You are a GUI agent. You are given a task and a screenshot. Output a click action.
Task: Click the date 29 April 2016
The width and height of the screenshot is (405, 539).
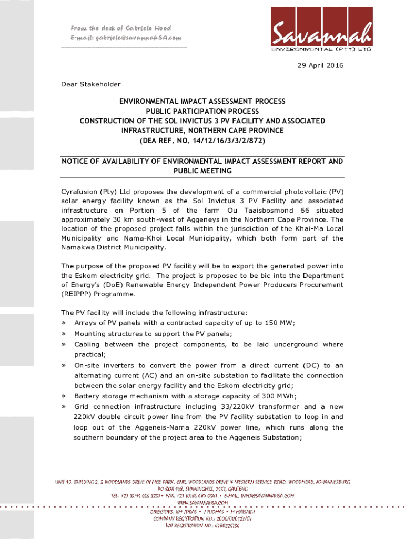[320, 66]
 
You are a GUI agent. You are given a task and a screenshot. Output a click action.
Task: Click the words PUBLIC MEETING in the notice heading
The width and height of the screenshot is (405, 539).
[202, 172]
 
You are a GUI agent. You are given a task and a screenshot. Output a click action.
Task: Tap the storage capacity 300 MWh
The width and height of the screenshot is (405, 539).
[268, 396]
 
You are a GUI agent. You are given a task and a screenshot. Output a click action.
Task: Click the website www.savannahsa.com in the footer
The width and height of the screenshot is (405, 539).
[202, 503]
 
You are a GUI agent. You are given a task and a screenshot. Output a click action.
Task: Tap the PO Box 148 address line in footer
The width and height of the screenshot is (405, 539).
[202, 489]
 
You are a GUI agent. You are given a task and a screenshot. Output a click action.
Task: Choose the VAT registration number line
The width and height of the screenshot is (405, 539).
[202, 526]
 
